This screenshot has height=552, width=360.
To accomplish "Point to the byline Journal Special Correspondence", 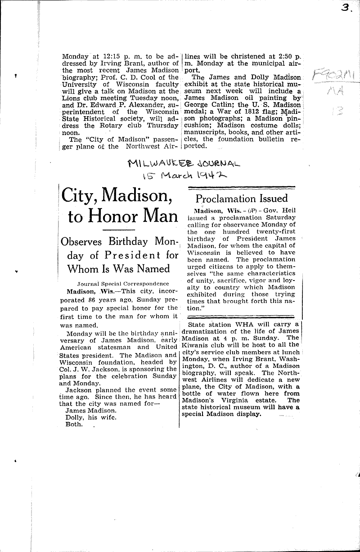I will pos(123,284).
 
